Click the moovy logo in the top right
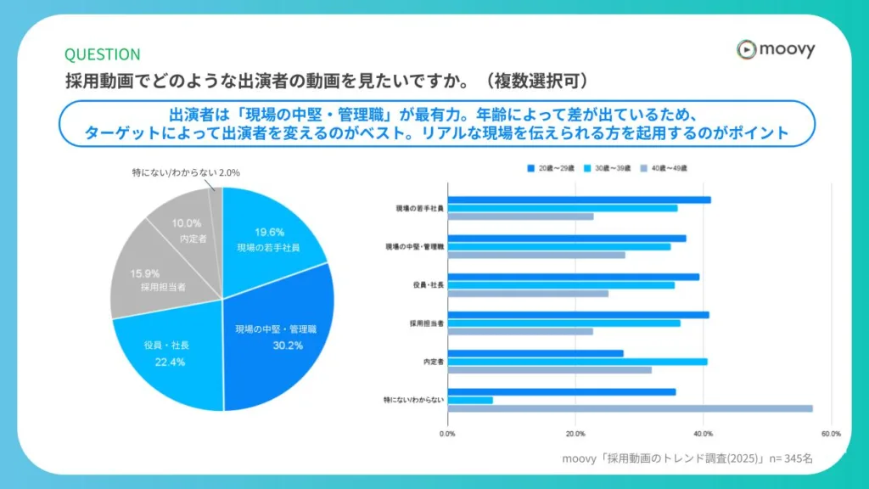pyautogui.click(x=775, y=49)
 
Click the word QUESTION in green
pyautogui.click(x=103, y=54)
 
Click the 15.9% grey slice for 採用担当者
pyautogui.click(x=153, y=280)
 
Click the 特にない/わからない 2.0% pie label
pyautogui.click(x=186, y=172)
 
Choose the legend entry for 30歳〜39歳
pyautogui.click(x=610, y=168)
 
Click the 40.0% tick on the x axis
pyautogui.click(x=703, y=433)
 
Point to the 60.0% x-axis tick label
pyautogui.click(x=830, y=433)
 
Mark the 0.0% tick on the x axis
pyautogui.click(x=447, y=433)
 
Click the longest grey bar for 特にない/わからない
pyautogui.click(x=630, y=408)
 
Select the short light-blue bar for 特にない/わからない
pyautogui.click(x=470, y=400)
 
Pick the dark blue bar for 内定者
pyautogui.click(x=535, y=353)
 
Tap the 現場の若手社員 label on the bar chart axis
pyautogui.click(x=419, y=208)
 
